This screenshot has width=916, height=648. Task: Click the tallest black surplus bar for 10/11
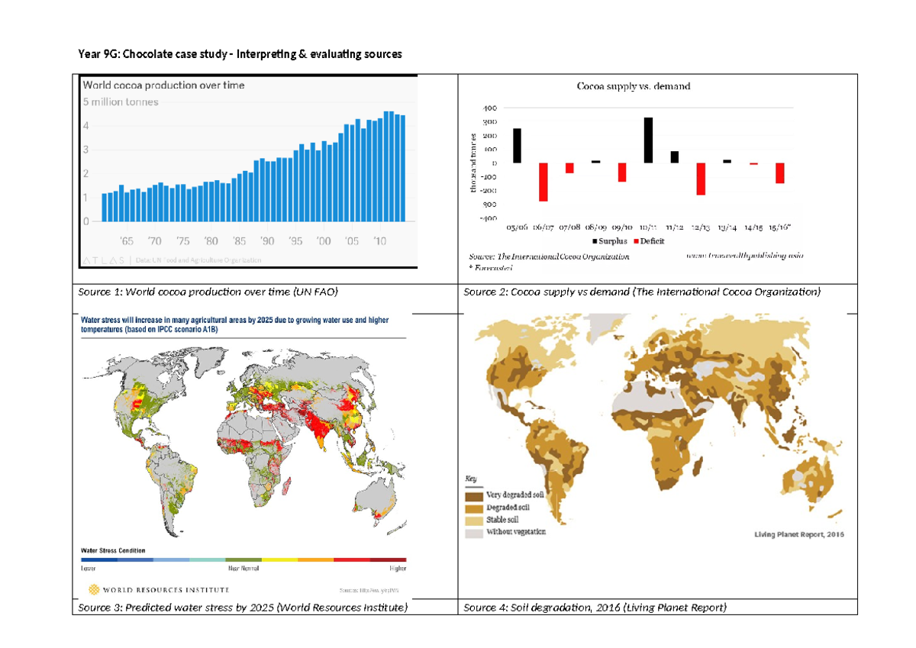click(x=648, y=140)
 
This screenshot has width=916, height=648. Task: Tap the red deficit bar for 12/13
click(x=701, y=179)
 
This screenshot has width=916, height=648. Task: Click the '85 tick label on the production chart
click(x=239, y=241)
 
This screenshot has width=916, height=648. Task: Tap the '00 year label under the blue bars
click(x=324, y=241)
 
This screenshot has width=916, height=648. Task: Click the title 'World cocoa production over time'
click(x=163, y=85)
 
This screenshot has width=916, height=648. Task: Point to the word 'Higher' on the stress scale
click(x=398, y=568)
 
